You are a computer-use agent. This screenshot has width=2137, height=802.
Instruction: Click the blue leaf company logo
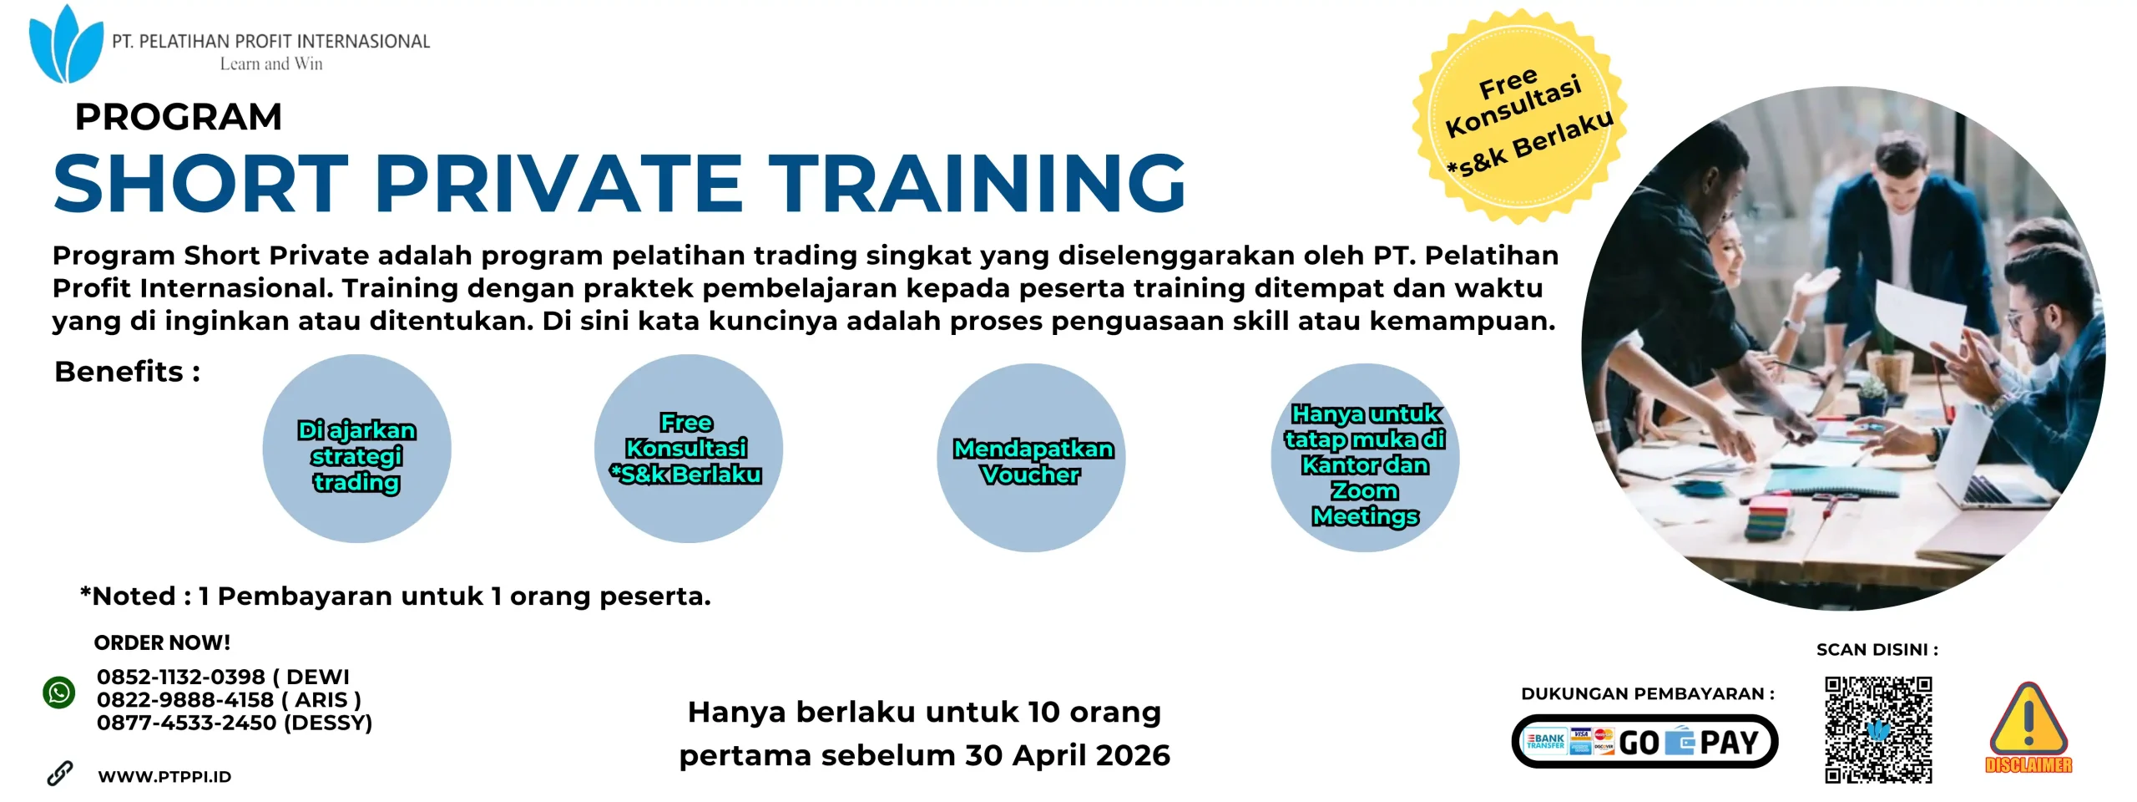65,45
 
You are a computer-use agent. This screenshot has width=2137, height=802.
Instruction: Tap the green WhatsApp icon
59,693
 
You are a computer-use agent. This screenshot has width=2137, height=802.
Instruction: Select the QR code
1877,729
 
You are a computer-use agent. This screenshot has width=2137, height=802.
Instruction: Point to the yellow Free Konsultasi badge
1518,117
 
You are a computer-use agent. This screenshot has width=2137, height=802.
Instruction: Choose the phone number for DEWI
180,677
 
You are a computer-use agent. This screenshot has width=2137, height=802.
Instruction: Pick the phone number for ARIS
184,699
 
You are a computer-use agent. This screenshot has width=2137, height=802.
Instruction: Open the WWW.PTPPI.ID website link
164,776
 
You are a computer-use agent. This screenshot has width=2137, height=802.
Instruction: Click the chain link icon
59,774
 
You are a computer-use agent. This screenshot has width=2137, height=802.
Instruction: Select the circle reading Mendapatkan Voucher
1032,458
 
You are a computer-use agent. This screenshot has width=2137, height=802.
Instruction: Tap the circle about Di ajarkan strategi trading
356,449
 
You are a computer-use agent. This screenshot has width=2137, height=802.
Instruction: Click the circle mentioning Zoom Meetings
1365,458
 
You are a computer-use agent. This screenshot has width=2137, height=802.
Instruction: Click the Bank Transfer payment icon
1545,741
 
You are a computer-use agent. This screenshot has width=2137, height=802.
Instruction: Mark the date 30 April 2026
1068,755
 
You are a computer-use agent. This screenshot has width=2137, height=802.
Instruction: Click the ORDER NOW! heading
162,642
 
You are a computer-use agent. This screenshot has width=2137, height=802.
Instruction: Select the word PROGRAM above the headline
179,117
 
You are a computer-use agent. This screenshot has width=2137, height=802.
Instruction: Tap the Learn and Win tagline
271,64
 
